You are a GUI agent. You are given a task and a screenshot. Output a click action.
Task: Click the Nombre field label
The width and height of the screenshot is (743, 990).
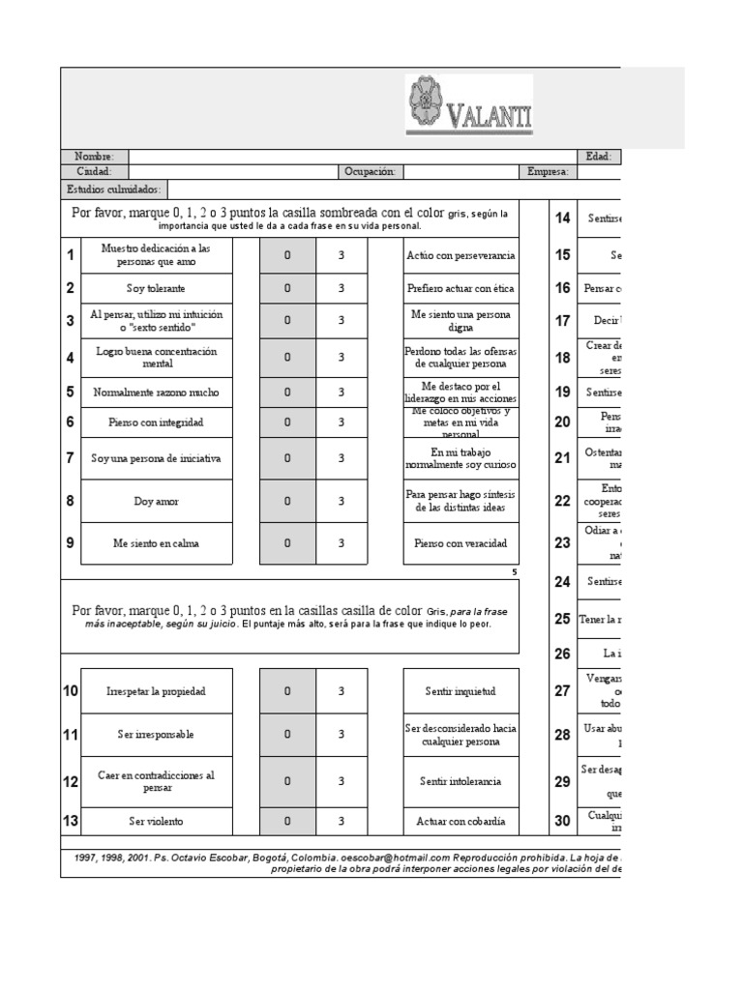tap(95, 157)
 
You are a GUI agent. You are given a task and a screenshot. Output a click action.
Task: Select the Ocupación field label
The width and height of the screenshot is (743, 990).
tap(370, 172)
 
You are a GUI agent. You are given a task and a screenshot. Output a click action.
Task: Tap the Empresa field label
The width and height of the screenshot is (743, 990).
tap(548, 172)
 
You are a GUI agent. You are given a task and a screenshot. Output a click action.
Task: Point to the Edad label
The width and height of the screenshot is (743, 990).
tap(598, 157)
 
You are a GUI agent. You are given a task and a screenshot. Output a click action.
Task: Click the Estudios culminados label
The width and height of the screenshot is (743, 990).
tap(114, 189)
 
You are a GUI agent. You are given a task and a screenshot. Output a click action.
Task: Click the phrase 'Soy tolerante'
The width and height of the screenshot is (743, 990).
tap(156, 288)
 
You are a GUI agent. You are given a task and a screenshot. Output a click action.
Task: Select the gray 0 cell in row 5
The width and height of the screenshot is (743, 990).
tap(287, 393)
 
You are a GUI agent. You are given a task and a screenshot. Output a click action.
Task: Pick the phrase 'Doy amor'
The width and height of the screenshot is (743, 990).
tap(156, 501)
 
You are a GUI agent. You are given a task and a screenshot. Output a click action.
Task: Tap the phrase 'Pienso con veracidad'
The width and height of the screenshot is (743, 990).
tap(460, 543)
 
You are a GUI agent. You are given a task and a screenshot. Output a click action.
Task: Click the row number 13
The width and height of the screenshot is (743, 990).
tap(70, 822)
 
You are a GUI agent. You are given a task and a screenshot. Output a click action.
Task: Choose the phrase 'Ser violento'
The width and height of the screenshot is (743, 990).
tap(156, 822)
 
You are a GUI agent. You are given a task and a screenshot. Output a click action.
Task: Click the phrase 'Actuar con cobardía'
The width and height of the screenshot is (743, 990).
tap(460, 822)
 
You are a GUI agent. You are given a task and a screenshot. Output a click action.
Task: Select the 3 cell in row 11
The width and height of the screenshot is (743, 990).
tap(342, 735)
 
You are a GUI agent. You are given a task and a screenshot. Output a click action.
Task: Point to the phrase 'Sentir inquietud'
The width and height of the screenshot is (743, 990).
tap(460, 691)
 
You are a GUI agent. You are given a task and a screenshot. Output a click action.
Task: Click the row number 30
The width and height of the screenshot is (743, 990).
tap(562, 822)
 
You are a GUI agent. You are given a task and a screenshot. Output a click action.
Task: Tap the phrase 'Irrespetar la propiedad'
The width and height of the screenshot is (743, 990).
tap(156, 691)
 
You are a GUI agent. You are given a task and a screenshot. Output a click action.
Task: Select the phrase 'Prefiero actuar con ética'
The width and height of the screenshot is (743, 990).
tap(460, 288)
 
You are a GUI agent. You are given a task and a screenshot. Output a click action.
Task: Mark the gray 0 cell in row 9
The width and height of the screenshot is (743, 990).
tap(287, 543)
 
